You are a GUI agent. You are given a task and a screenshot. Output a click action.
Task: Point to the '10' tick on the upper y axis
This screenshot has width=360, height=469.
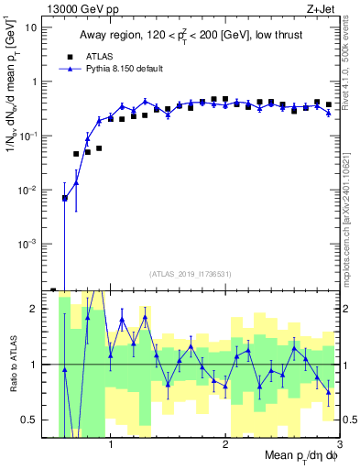click(x=31, y=27)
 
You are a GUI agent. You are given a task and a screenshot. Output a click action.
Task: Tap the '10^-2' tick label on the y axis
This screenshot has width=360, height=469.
click(x=29, y=190)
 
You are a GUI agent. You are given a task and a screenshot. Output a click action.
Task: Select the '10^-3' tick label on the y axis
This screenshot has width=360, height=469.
click(x=29, y=244)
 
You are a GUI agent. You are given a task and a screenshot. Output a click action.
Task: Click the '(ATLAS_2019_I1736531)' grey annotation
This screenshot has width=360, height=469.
click(x=191, y=274)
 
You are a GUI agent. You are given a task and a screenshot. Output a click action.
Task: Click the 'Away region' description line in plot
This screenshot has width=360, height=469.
click(x=191, y=37)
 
